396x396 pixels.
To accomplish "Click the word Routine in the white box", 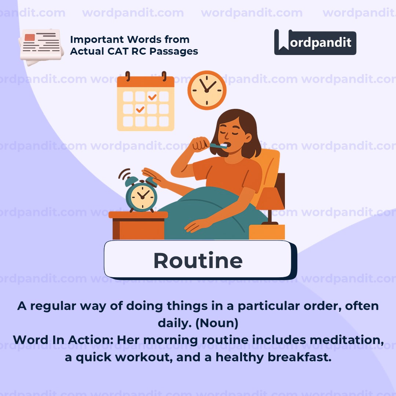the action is pos(198,260).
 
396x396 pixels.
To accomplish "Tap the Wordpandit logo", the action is pos(315,42).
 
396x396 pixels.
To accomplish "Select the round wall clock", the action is pos(207,90).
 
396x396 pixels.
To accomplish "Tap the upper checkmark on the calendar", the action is pos(152,97).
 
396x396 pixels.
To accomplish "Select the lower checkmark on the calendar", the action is pos(140,109).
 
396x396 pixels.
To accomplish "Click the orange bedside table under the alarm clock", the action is pos(138,225).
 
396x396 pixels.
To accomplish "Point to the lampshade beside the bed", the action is pos(271,198).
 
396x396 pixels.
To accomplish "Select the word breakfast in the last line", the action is pos(299,357).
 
